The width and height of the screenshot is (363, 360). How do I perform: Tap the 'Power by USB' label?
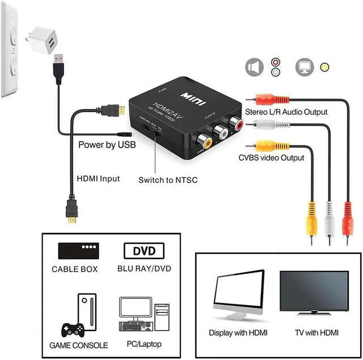107,145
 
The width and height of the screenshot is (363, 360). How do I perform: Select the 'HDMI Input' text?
98,178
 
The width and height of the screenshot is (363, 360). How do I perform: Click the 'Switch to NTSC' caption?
168,180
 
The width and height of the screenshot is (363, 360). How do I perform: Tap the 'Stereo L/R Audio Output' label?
286,112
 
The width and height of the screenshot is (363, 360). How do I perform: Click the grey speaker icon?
255,68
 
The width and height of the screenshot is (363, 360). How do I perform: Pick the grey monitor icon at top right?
305,68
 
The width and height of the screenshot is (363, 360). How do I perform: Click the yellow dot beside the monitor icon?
324,67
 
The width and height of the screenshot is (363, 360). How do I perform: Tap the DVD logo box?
143,250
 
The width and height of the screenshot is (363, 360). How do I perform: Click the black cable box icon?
79,250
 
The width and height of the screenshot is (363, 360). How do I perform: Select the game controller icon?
72,329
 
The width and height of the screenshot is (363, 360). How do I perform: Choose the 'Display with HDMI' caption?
238,333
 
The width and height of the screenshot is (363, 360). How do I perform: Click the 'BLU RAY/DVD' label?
143,269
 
